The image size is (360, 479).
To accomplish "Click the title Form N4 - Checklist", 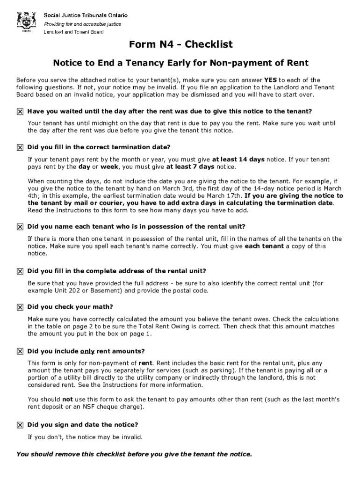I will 180,45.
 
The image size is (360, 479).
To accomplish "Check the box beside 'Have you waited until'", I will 20,112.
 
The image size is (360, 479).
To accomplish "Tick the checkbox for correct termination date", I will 20,147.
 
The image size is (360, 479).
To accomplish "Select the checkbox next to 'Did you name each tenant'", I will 20,227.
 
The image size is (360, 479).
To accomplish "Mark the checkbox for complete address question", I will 20,271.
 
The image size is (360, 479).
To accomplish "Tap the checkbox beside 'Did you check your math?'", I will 20,307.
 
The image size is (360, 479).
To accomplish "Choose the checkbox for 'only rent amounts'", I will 20,351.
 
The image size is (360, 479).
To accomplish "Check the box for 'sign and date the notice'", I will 20,425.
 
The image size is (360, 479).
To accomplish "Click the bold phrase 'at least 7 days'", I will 190,167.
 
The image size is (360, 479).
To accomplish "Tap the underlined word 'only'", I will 87,351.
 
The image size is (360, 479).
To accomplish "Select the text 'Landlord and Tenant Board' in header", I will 73,32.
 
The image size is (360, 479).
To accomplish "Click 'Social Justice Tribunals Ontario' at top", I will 86,15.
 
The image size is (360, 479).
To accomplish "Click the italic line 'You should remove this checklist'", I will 134,454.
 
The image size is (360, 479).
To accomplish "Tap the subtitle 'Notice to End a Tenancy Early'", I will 180,63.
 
